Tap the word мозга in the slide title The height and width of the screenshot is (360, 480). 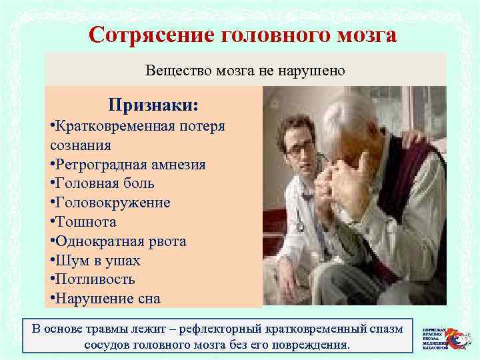coord(357,34)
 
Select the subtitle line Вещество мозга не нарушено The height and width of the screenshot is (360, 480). coord(245,70)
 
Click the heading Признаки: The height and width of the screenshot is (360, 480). coord(153,106)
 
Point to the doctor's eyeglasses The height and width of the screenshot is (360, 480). coord(299,147)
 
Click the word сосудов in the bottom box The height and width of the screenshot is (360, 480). coord(108,345)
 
